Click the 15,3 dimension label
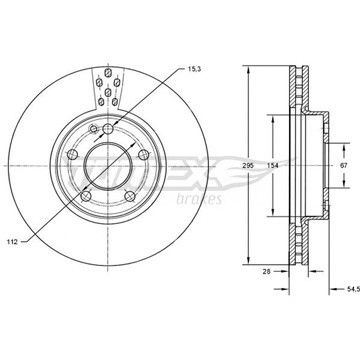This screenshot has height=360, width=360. point(192,69)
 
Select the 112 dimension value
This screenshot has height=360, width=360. point(12,242)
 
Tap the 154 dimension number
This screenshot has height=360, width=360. point(273,166)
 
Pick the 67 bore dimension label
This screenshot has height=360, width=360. point(344,165)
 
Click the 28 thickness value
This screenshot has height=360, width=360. point(266,271)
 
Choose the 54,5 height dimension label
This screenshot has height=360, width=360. point(353,289)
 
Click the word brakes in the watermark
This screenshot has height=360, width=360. point(199,199)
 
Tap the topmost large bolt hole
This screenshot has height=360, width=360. point(108,129)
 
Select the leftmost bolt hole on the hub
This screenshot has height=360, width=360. point(72,154)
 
